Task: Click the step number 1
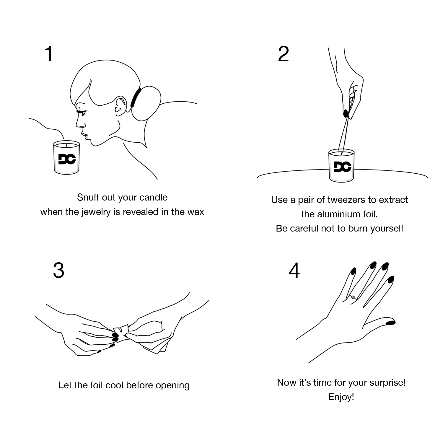49,54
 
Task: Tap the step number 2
284,54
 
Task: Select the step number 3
58,271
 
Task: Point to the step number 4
294,271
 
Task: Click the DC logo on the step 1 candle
67,159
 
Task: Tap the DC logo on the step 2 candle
342,167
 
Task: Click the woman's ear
119,105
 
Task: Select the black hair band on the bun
134,97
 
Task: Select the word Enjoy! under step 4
341,397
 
